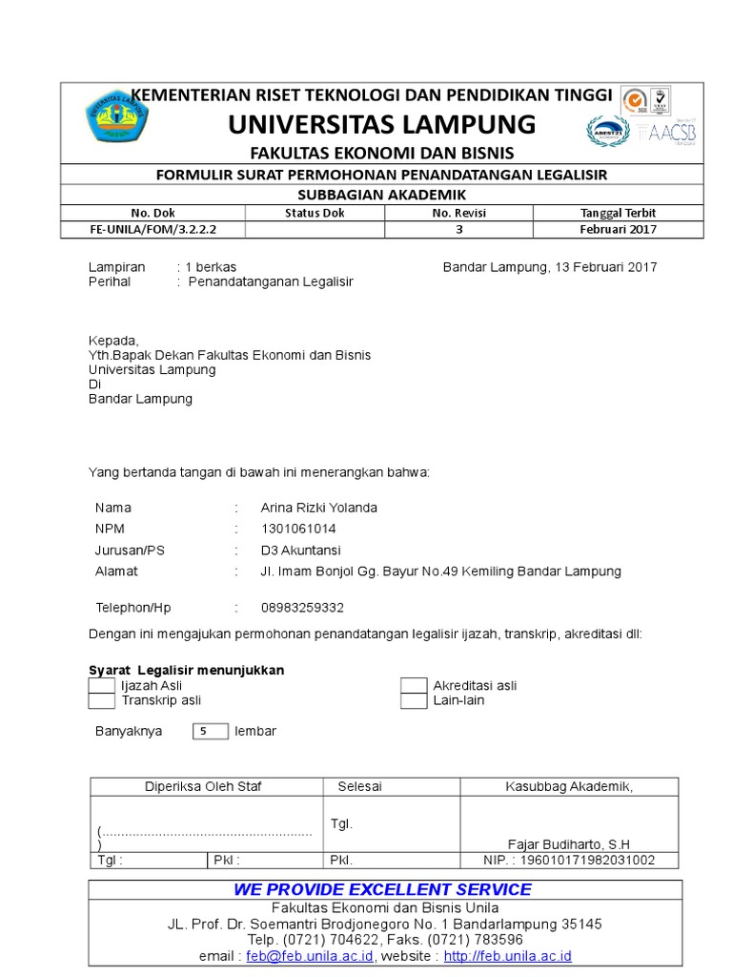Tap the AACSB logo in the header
pyautogui.click(x=672, y=133)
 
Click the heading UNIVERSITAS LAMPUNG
pyautogui.click(x=381, y=124)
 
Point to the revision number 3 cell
pyautogui.click(x=458, y=229)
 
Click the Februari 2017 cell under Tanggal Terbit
pyautogui.click(x=618, y=229)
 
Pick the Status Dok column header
pyautogui.click(x=315, y=213)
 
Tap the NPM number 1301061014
pyautogui.click(x=298, y=529)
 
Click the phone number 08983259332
pyautogui.click(x=302, y=608)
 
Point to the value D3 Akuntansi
pyautogui.click(x=300, y=551)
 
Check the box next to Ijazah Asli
pyautogui.click(x=101, y=686)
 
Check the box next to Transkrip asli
pyautogui.click(x=101, y=701)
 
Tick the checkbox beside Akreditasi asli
pyautogui.click(x=413, y=686)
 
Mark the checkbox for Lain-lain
pyautogui.click(x=413, y=701)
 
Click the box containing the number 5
pyautogui.click(x=210, y=732)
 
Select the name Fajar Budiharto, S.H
pyautogui.click(x=569, y=844)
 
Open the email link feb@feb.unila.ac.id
pyautogui.click(x=310, y=956)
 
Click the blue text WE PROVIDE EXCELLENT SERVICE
pyautogui.click(x=382, y=889)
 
